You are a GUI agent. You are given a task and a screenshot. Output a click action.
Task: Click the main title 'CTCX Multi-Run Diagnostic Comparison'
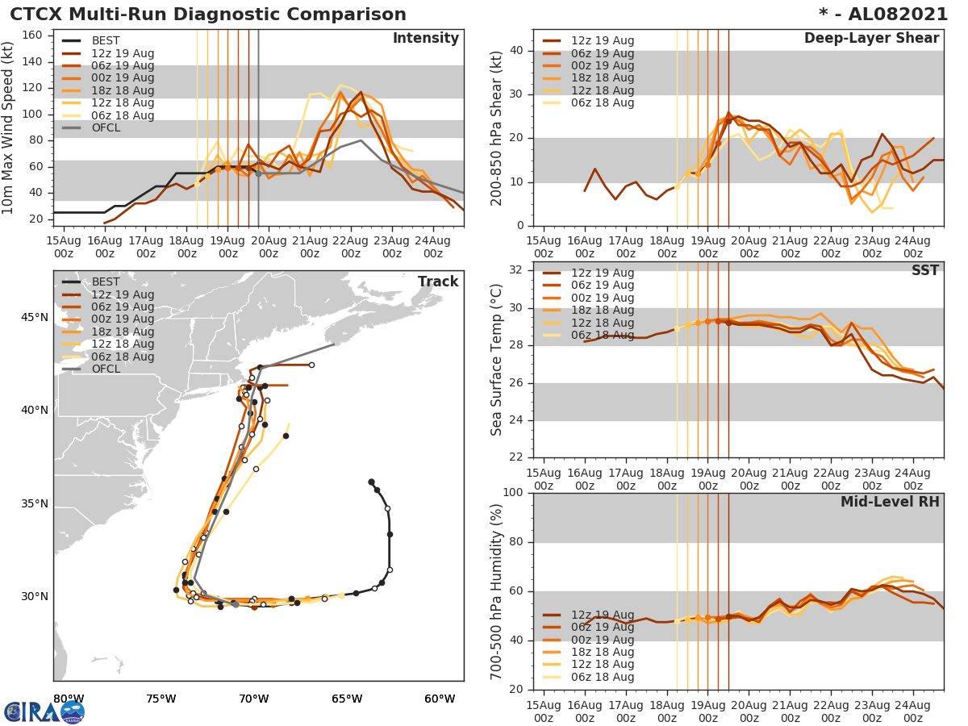[208, 15]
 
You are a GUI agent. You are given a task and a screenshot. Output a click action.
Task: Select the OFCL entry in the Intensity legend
[105, 127]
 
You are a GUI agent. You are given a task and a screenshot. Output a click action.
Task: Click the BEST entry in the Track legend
[105, 282]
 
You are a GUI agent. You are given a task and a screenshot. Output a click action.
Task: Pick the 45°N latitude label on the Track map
[33, 317]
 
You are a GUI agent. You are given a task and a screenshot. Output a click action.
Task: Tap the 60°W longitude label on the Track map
[440, 699]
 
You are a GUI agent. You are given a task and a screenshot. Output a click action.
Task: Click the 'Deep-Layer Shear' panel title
[871, 39]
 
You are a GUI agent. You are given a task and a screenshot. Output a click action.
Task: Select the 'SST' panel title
[925, 270]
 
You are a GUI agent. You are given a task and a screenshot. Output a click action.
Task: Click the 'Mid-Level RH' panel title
[890, 502]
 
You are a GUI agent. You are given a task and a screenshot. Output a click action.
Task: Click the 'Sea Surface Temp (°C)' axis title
[497, 361]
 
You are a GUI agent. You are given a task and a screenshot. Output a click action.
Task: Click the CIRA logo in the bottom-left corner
[44, 711]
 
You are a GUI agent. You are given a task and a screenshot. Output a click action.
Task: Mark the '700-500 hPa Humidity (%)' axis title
[497, 591]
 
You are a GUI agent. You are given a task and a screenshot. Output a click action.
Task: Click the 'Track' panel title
[438, 282]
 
